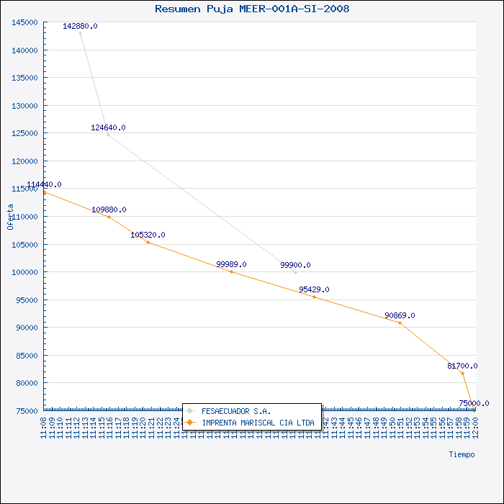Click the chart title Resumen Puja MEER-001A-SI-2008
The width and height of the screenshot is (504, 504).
[x=253, y=9]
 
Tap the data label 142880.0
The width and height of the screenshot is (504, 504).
[x=80, y=26]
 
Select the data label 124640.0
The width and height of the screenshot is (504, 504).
[x=108, y=127]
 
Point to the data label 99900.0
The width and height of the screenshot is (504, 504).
[x=295, y=265]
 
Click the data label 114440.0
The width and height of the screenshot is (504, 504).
[x=44, y=185]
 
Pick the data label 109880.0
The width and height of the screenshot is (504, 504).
[x=109, y=210]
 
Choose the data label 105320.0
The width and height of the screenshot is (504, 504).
[x=148, y=235]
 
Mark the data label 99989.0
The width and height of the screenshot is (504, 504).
[x=231, y=264]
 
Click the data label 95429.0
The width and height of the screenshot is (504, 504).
[x=314, y=289]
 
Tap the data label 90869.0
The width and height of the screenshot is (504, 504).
[x=400, y=315]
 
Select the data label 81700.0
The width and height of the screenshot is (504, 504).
[x=462, y=366]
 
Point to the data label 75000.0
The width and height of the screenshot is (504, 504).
[x=474, y=403]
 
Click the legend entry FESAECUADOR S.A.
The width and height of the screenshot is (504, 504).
[x=236, y=411]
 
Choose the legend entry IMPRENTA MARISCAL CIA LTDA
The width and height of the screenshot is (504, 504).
[x=258, y=423]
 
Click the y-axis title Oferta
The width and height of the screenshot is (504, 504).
[x=10, y=216]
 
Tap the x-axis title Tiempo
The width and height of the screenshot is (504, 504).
[x=462, y=454]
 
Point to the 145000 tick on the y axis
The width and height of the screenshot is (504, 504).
[x=24, y=22]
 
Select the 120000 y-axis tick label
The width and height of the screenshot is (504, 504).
[x=24, y=161]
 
